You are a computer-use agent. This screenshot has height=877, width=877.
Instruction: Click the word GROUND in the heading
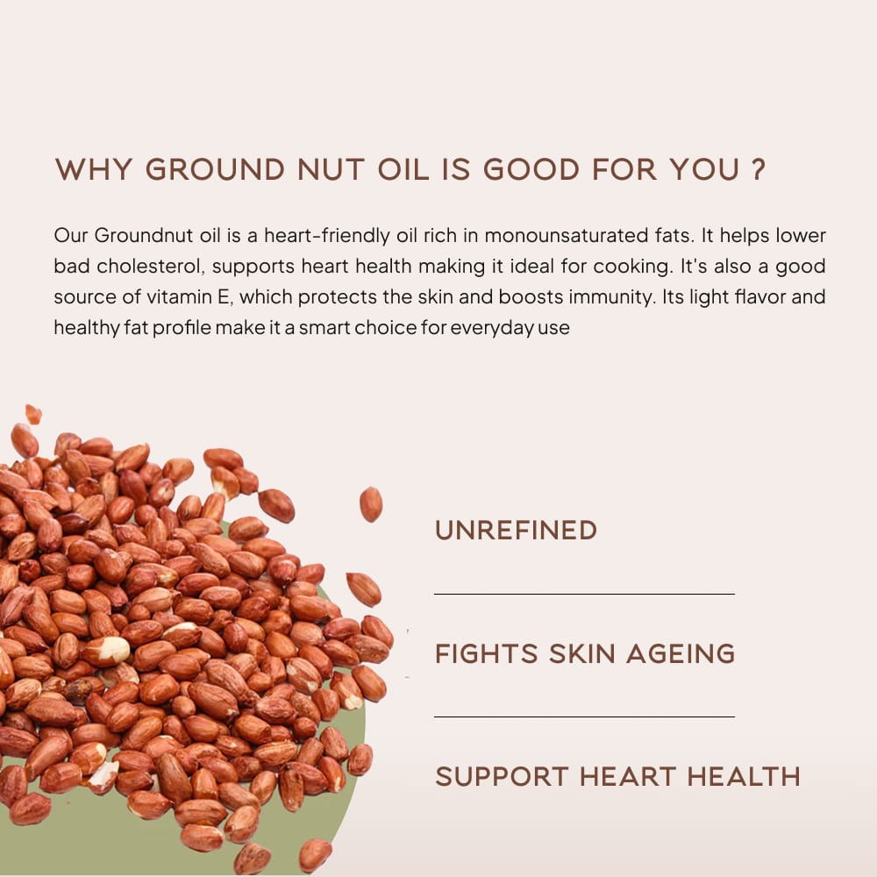[216, 169]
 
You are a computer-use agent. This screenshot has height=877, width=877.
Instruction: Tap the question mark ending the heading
[758, 169]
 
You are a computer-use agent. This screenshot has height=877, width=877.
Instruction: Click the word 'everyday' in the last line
[492, 328]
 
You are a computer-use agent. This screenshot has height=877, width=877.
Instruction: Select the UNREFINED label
[517, 531]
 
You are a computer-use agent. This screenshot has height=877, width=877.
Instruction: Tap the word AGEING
[681, 653]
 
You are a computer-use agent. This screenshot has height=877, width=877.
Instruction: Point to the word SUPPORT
[502, 776]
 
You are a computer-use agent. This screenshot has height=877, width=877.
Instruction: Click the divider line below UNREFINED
[584, 594]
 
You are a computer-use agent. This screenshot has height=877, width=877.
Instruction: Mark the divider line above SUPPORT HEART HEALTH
[584, 717]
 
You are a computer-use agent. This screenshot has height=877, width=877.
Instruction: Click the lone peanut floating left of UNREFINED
[370, 504]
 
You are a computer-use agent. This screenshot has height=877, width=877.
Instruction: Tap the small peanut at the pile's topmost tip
[33, 415]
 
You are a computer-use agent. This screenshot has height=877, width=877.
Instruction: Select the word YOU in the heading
[705, 169]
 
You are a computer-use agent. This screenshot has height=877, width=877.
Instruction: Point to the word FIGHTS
[486, 653]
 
